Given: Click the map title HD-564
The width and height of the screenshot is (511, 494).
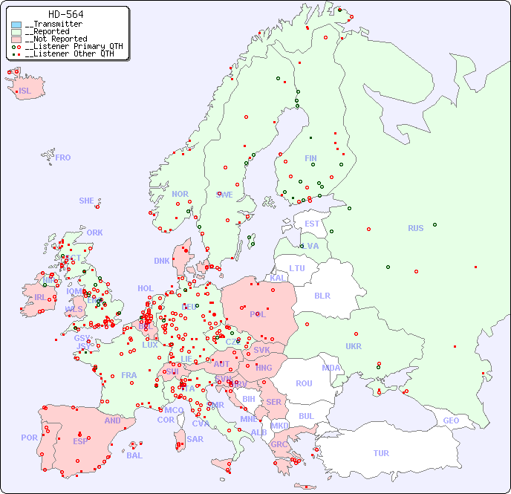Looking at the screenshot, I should tap(65, 14).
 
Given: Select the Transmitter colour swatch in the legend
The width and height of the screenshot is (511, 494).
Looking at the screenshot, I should tap(16, 25).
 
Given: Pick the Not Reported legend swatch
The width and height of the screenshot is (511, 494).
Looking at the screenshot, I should tap(16, 39).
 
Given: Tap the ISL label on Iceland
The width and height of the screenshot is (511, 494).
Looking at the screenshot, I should tap(25, 91).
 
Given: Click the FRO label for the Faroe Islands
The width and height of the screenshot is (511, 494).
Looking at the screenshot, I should tap(63, 157).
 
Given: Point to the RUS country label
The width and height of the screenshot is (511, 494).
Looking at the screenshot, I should tap(415, 228).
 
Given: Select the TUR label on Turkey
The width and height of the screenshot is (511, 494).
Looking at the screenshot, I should tap(381, 453).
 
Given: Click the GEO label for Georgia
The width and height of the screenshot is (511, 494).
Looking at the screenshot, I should tap(451, 420).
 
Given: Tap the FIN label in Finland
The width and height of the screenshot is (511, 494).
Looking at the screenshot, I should tap(310, 158).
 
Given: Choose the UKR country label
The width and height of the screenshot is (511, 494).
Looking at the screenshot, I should tap(354, 346).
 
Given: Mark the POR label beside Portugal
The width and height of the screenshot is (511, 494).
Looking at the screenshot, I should tap(29, 438).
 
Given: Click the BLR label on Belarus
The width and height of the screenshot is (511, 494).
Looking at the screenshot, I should tap(322, 295).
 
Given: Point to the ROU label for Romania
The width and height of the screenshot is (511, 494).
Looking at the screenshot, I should tap(304, 383).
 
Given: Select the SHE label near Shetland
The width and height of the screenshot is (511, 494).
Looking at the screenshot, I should tap(87, 201).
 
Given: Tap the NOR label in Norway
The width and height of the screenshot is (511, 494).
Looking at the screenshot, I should tap(180, 194).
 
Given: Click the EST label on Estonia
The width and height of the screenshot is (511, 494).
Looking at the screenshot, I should tap(312, 224).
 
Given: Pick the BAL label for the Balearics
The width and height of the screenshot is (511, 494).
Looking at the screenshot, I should tap(134, 455).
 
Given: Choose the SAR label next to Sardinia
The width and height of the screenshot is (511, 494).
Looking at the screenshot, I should tap(195, 439).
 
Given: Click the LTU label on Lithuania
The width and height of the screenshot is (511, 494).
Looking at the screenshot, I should tap(297, 268).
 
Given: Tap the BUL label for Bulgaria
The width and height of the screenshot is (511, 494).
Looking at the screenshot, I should tap(306, 416).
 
